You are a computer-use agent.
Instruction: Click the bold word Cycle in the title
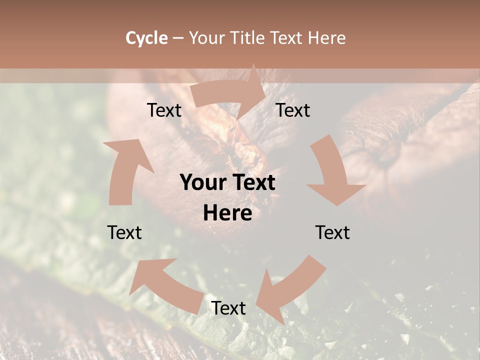(x=146, y=38)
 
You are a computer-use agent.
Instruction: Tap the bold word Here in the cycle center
(x=227, y=213)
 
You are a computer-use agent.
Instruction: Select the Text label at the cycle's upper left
(x=164, y=110)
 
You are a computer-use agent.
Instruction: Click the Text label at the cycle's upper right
(x=293, y=110)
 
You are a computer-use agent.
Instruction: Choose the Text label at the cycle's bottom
(x=228, y=308)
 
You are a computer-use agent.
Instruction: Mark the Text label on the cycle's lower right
(x=332, y=232)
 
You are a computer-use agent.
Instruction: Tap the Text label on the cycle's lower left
(x=124, y=232)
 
